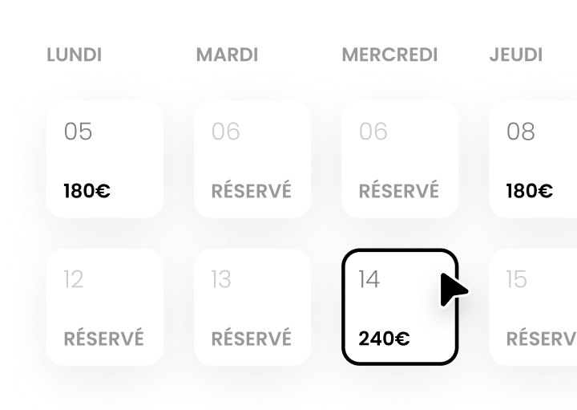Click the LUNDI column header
[75, 55]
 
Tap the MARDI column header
[227, 55]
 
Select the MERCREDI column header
[389, 55]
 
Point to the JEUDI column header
[516, 55]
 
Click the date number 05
[78, 132]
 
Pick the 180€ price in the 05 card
[87, 191]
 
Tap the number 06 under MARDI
[225, 132]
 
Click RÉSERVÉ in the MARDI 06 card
[252, 190]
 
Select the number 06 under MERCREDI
[373, 132]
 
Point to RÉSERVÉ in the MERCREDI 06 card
[399, 190]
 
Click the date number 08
[521, 132]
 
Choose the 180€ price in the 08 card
[530, 191]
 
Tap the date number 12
[74, 279]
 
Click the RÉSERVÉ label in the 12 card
[103, 338]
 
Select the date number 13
[221, 279]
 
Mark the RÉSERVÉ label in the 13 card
[252, 338]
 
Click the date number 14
[369, 279]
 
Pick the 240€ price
[384, 339]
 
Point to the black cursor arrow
[452, 290]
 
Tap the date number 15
[517, 279]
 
